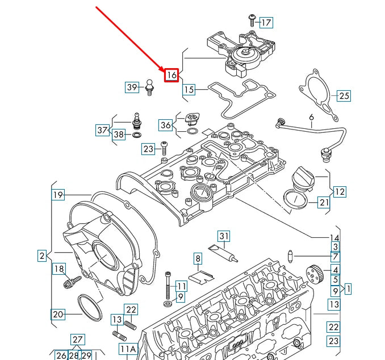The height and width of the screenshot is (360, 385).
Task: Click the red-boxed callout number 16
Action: (171, 74)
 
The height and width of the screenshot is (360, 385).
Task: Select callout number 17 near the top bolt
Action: (266, 23)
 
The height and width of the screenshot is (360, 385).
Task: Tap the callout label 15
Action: (189, 89)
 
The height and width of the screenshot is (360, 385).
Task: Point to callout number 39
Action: (132, 87)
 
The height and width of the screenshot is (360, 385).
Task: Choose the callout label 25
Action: (344, 95)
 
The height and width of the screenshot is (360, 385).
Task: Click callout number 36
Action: (165, 124)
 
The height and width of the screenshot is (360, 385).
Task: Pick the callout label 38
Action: (118, 135)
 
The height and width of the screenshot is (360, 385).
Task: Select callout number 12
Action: (339, 191)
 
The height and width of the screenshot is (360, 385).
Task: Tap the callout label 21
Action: (323, 202)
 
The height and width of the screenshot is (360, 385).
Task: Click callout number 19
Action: (58, 195)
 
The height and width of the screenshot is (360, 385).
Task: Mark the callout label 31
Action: (224, 236)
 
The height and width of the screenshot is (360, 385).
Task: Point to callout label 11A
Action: (128, 349)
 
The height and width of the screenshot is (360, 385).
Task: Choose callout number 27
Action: (77, 340)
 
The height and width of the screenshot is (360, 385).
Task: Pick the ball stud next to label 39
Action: (150, 87)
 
